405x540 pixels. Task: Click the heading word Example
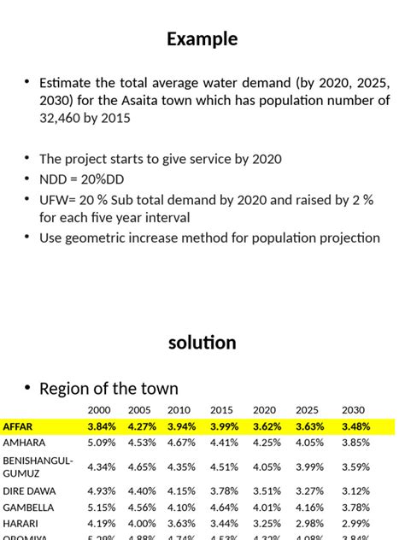pyautogui.click(x=202, y=39)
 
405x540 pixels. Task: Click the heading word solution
pyautogui.click(x=202, y=343)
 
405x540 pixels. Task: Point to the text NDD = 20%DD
pyautogui.click(x=81, y=179)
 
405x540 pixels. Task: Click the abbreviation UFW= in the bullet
pyautogui.click(x=59, y=200)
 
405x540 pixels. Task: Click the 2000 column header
pyautogui.click(x=99, y=410)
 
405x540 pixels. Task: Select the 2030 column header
pyautogui.click(x=354, y=410)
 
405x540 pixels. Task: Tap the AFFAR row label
pyautogui.click(x=19, y=426)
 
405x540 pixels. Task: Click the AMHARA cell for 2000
pyautogui.click(x=101, y=443)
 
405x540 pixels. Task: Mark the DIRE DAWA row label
pyautogui.click(x=29, y=491)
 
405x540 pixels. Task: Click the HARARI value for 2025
pyautogui.click(x=309, y=524)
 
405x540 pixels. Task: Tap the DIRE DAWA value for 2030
pyautogui.click(x=355, y=491)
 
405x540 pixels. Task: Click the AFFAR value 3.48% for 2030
pyautogui.click(x=355, y=426)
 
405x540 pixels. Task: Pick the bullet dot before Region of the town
pyautogui.click(x=27, y=390)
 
